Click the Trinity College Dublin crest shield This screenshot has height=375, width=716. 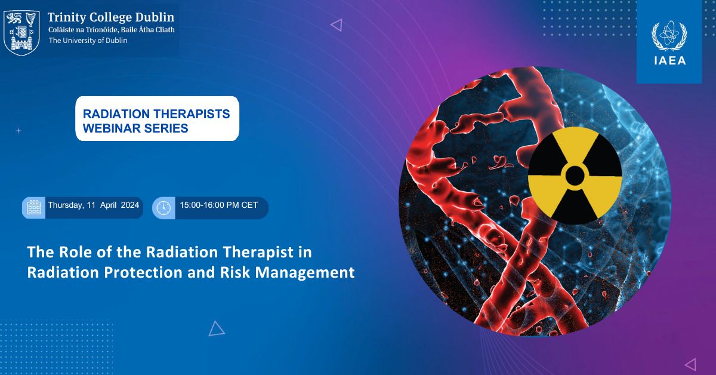21,32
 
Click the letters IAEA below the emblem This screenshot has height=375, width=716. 669,60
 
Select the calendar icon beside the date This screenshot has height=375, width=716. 34,208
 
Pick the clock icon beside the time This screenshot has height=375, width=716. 163,208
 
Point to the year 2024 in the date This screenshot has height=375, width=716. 130,205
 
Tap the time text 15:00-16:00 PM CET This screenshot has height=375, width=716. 218,205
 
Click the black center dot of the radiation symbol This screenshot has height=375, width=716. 575,176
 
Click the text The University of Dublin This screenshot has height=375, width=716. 88,41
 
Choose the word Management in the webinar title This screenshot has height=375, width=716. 305,273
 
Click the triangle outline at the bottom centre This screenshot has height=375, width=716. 216,328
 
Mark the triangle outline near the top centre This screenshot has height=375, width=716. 337,25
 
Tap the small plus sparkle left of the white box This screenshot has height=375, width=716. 19,131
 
